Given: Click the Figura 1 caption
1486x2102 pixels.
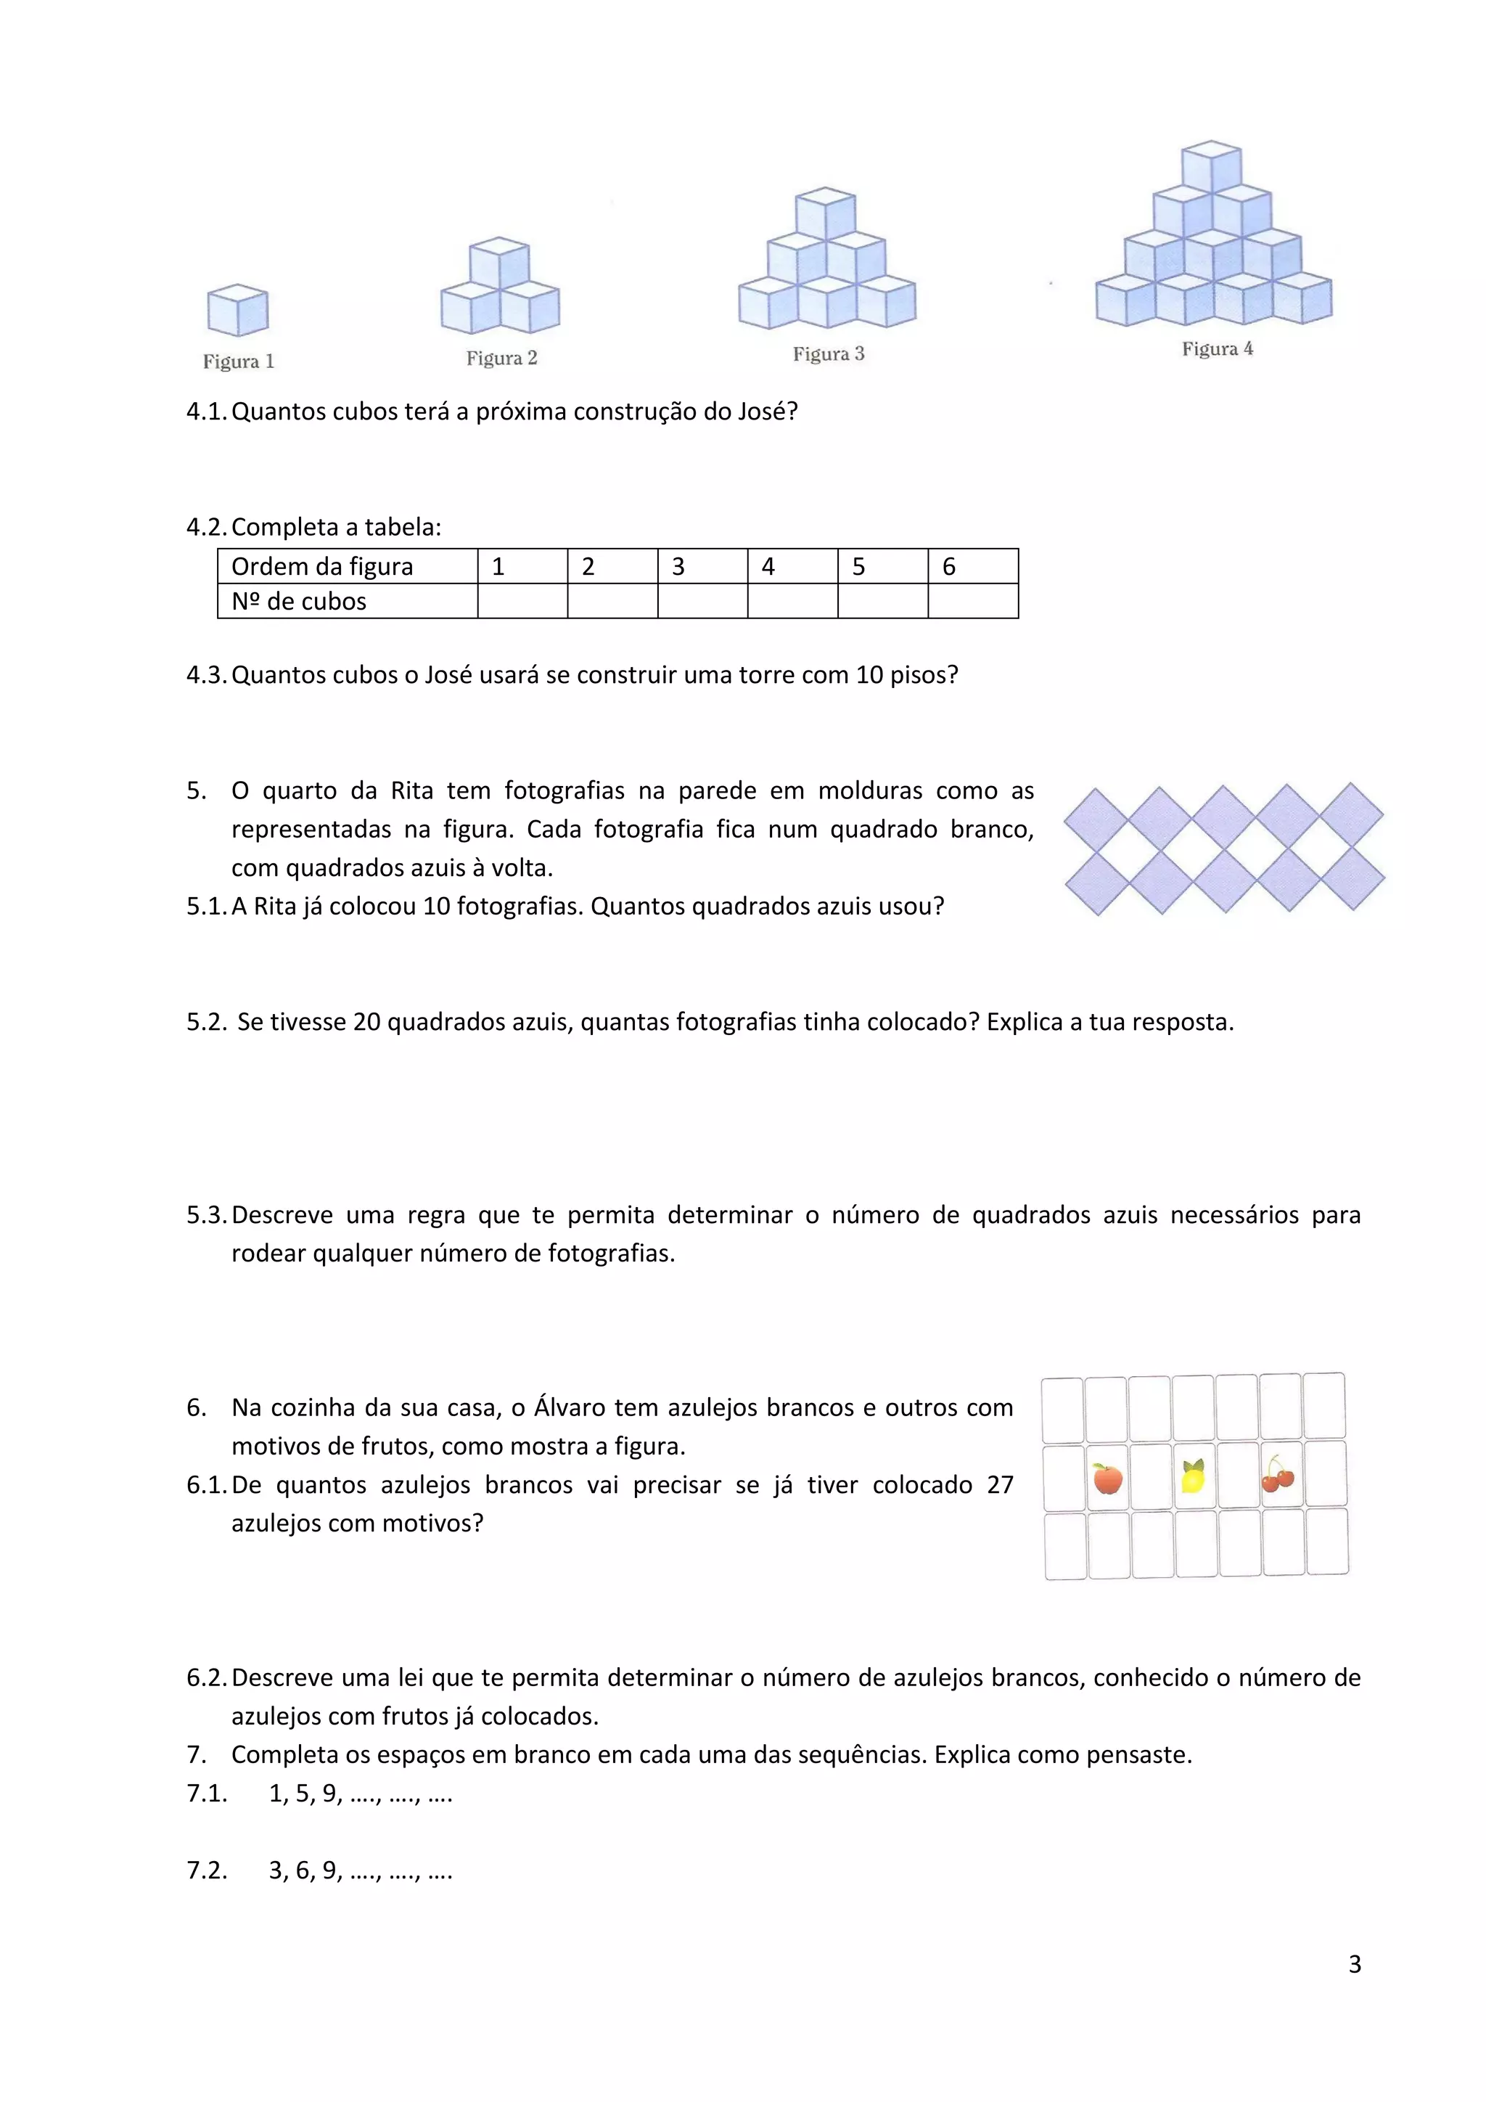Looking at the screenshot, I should (x=239, y=361).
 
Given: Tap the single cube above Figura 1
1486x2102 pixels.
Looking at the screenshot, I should (x=238, y=311).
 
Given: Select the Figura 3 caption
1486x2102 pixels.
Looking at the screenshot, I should (x=828, y=354).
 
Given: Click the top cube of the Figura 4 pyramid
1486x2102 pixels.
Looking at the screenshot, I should (x=1212, y=168).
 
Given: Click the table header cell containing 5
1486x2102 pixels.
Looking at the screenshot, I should (x=882, y=567).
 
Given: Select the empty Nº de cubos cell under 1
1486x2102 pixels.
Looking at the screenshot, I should (x=522, y=602).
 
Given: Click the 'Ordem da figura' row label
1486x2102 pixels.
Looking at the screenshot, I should (x=322, y=567).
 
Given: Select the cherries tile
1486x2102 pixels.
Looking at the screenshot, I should (x=1278, y=1476).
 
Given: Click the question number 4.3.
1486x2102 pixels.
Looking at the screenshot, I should (x=206, y=676).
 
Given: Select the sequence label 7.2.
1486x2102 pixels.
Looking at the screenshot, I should (x=206, y=1870).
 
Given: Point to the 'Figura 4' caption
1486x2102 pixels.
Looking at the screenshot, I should (x=1217, y=349).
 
